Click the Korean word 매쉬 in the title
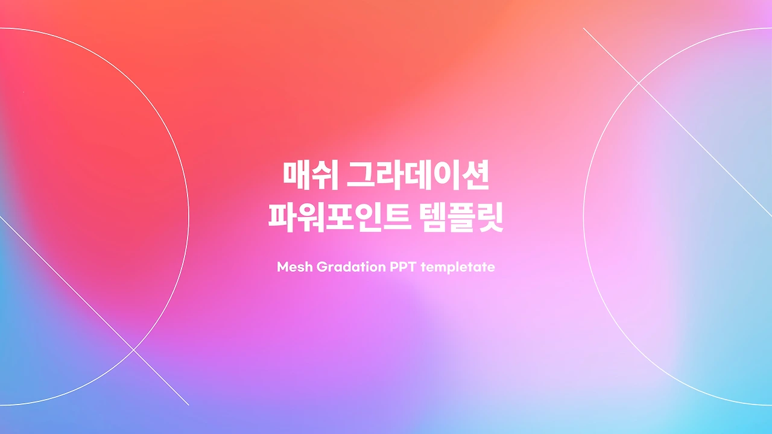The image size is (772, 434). pos(305,174)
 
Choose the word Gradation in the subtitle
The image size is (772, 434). pos(347,266)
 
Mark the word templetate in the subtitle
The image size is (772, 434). pos(458,266)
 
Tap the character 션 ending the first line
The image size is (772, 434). pos(479,174)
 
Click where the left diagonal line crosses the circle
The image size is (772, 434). pos(133,349)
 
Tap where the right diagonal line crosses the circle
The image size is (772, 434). pos(639,83)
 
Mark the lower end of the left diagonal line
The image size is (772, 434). pos(189,404)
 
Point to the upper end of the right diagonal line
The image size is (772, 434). pos(584,28)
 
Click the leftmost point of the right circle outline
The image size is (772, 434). pos(584,217)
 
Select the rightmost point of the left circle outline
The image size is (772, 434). pos(189,217)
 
